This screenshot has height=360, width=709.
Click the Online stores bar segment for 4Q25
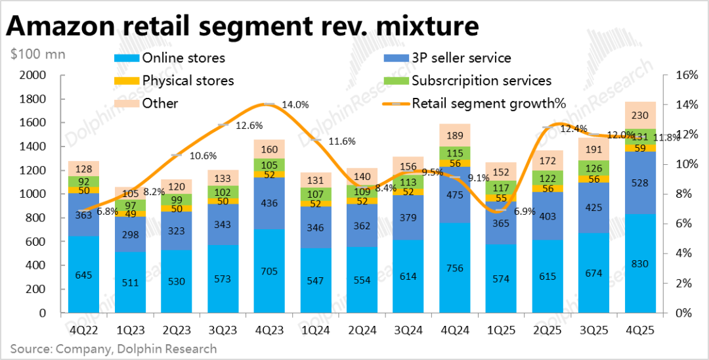pos(641,263)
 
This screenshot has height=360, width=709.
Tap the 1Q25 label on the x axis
pos(500,326)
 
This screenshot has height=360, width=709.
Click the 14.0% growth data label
pos(295,104)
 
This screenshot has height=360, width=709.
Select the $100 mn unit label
pos(38,54)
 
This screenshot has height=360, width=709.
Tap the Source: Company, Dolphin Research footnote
pos(113,348)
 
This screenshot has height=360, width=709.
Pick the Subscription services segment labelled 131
pos(641,137)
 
